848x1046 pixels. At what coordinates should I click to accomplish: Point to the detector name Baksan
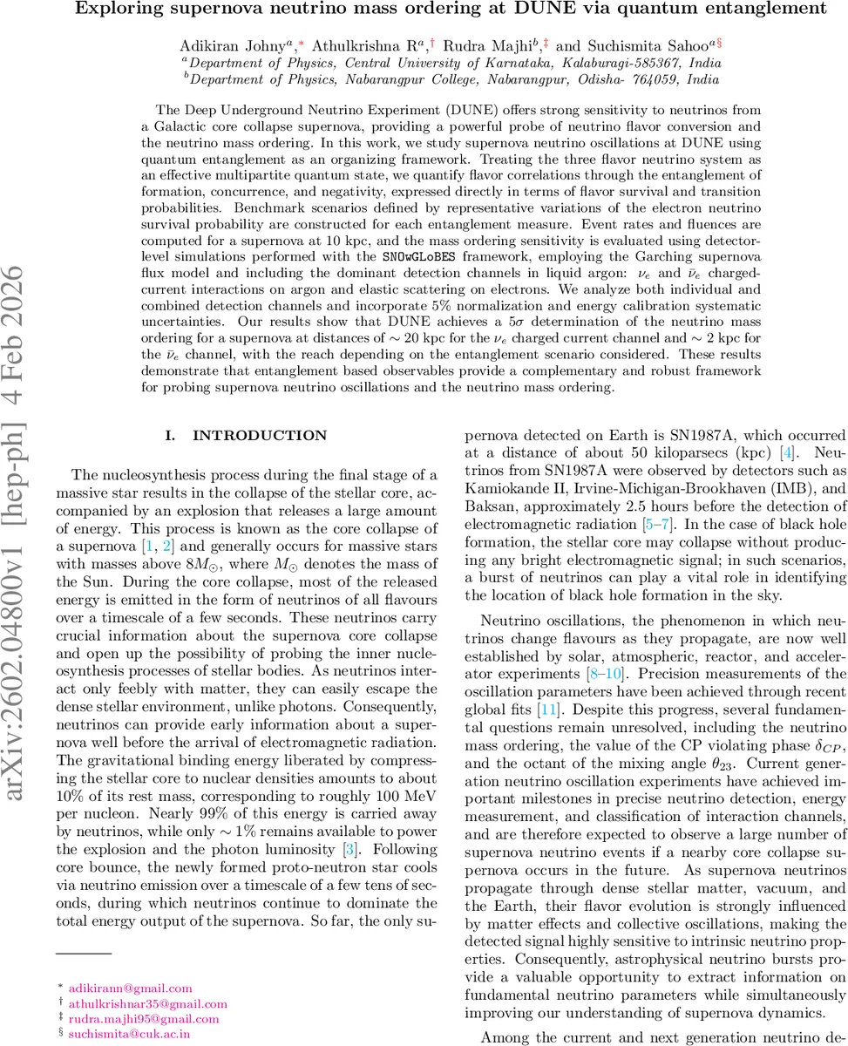[x=491, y=506]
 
